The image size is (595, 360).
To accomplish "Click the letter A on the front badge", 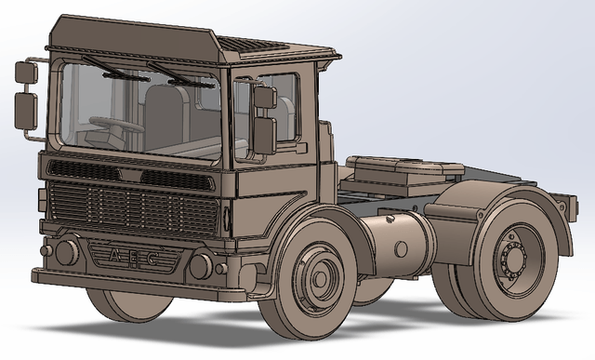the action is tap(113, 255).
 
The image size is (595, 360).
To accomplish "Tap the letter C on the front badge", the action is tap(152, 259).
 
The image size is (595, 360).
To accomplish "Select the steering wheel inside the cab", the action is tap(116, 124).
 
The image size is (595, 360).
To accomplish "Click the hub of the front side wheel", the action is tap(320, 279).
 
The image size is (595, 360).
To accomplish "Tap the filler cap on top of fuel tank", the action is tap(389, 219).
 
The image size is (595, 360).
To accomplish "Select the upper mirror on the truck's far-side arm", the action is tap(26, 73).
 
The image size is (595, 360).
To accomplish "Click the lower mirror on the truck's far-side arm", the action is tap(26, 111).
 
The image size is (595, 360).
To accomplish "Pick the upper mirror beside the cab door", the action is tap(265, 98).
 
